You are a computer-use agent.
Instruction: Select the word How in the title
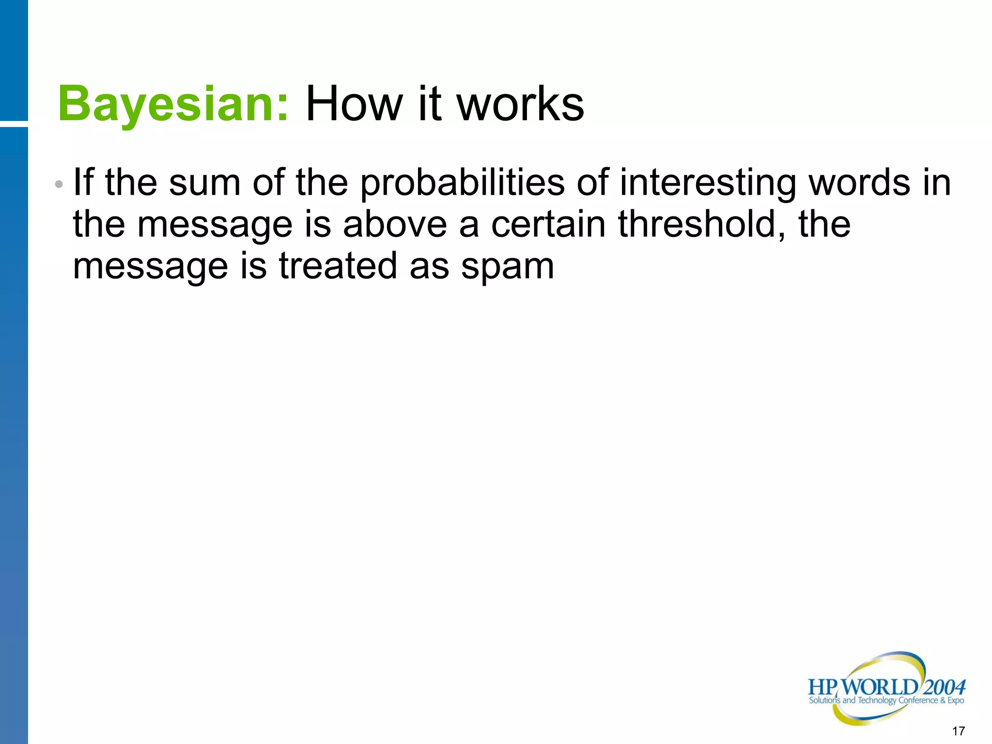(354, 104)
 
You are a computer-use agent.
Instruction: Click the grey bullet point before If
(59, 185)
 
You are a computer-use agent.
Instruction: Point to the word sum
(204, 183)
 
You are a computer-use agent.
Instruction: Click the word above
(395, 225)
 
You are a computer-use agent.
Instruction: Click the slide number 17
(958, 731)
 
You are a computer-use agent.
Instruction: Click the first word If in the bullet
(83, 183)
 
